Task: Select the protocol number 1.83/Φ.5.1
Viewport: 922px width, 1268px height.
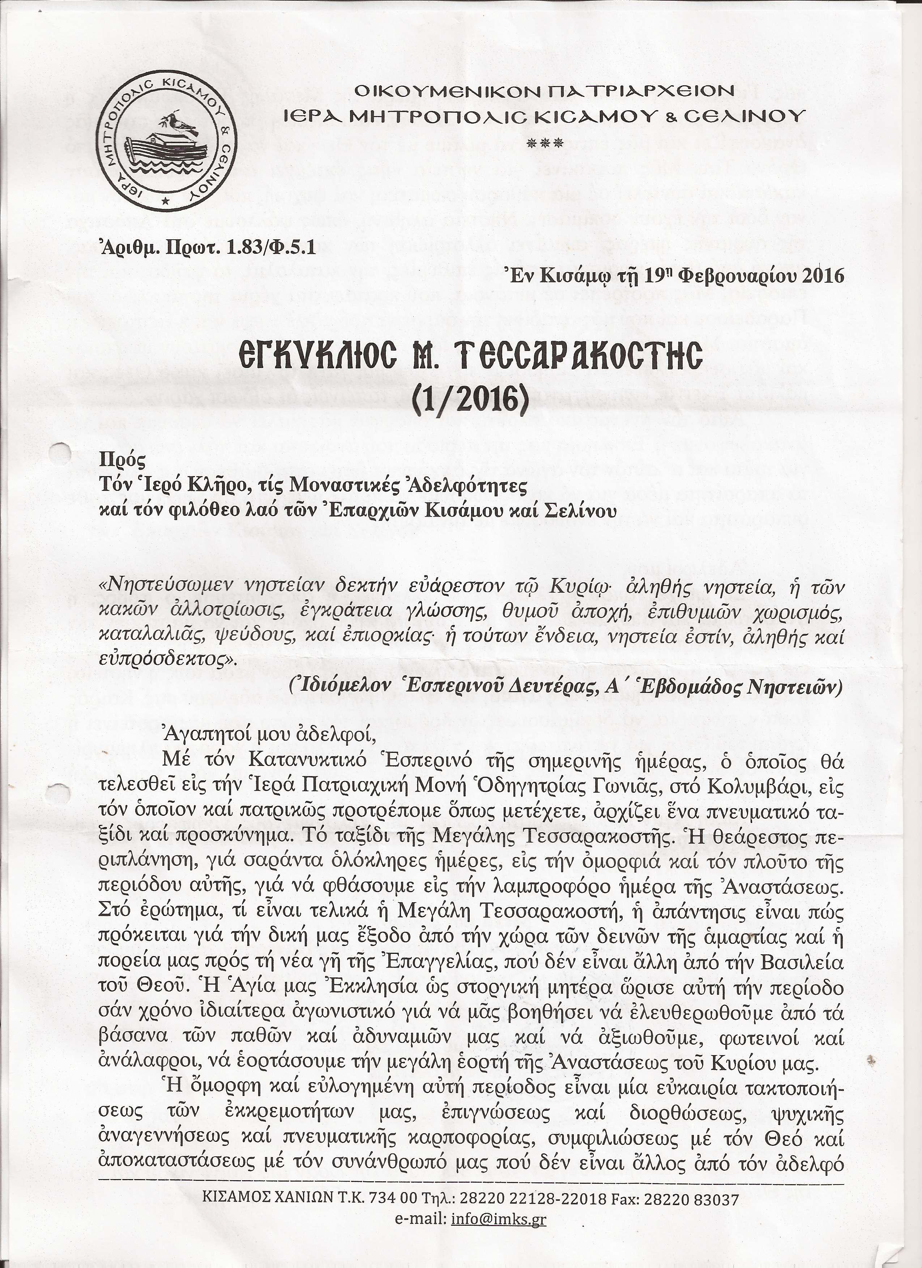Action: [268, 248]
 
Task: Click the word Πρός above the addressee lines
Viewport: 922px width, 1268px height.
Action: [122, 462]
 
